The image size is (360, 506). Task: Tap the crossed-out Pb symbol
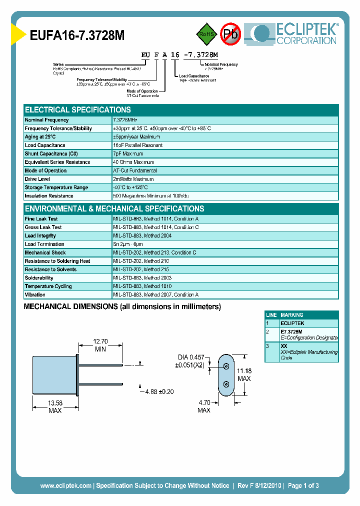pyautogui.click(x=230, y=34)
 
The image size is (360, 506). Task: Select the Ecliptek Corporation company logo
pyautogui.click(x=294, y=33)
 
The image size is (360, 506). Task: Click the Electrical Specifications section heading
pyautogui.click(x=78, y=109)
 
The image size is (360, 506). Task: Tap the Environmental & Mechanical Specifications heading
pyautogui.click(x=114, y=208)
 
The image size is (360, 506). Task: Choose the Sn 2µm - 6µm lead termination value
pyautogui.click(x=131, y=244)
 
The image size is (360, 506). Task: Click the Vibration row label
pyautogui.click(x=35, y=295)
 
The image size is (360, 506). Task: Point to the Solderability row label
pyautogui.click(x=39, y=278)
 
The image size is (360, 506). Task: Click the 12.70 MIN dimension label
pyautogui.click(x=100, y=345)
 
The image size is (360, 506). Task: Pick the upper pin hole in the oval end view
pyautogui.click(x=226, y=366)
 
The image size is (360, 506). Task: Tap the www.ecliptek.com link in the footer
pyautogui.click(x=65, y=485)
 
